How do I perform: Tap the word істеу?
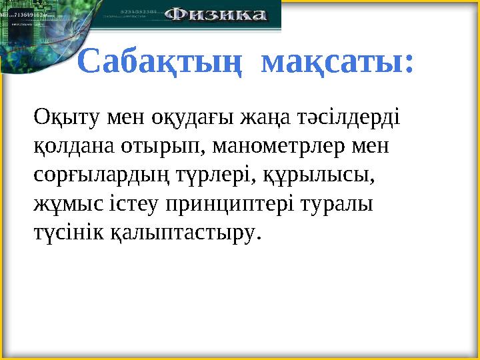pyautogui.click(x=131, y=203)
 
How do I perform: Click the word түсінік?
pyautogui.click(x=67, y=232)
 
